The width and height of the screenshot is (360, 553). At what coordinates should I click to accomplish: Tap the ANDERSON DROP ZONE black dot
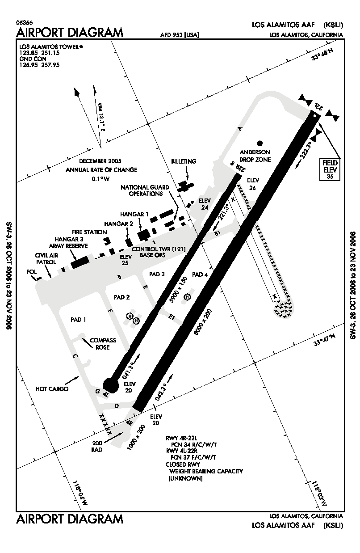(x=260, y=143)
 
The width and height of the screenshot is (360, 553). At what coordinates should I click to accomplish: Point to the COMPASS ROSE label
(x=103, y=343)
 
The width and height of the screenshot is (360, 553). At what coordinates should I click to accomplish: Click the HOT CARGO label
(x=52, y=389)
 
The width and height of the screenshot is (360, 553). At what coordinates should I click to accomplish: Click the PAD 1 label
(x=78, y=320)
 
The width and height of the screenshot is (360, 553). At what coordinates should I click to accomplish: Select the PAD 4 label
(x=200, y=274)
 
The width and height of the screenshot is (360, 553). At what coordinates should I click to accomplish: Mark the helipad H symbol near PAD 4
(x=188, y=297)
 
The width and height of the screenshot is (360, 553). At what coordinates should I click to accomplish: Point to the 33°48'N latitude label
(x=322, y=58)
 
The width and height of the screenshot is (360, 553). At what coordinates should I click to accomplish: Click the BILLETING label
(x=184, y=161)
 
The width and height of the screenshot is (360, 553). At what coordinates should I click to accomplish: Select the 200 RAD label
(x=97, y=446)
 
